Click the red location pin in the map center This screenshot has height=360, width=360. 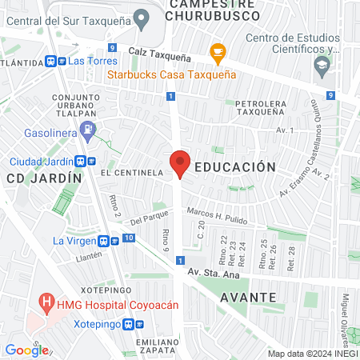pyautogui.click(x=180, y=162)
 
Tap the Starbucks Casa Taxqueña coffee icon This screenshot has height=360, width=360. pyautogui.click(x=216, y=53)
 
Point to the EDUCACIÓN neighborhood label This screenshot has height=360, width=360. pyautogui.click(x=235, y=167)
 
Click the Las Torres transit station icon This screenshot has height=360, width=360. pyautogui.click(x=54, y=60)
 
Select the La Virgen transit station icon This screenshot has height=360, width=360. pyautogui.click(x=104, y=240)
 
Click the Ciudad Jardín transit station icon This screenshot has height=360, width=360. pyautogui.click(x=86, y=160)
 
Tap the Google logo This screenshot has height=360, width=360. pyautogui.click(x=26, y=350)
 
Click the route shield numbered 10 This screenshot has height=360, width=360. pyautogui.click(x=129, y=238)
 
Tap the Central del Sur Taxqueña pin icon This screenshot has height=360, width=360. pyautogui.click(x=142, y=17)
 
